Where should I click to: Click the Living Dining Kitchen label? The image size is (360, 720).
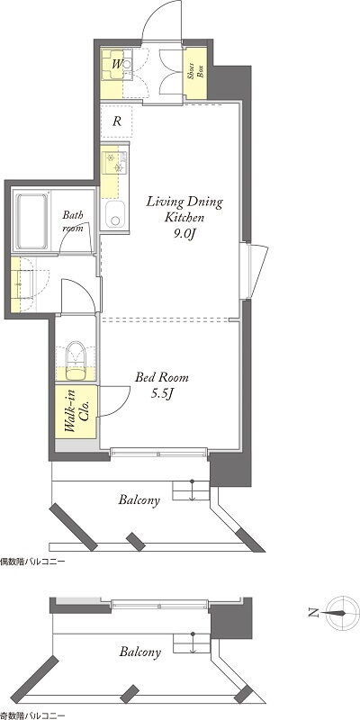pos(184,209)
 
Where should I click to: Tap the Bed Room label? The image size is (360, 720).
pos(162,378)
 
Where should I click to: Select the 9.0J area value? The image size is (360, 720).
pos(184,234)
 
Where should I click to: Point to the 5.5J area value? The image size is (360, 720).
pos(161,393)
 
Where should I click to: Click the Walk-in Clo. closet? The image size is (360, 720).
pos(76,412)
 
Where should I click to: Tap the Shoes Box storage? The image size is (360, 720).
pos(194,74)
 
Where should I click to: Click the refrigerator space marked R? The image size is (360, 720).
pos(117,121)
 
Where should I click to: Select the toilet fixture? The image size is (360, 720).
pos(76,361)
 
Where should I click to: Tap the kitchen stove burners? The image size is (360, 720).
pos(115,163)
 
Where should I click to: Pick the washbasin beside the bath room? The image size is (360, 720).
pos(22,284)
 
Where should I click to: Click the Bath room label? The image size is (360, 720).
pos(73,220)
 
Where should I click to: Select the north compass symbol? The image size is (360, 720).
pos(342,613)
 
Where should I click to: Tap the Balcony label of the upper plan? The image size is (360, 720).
pos(139,500)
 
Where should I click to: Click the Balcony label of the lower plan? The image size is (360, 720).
pos(140,652)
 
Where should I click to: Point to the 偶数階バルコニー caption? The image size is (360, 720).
pos(32,562)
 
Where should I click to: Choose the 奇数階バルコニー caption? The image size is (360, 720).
pos(32,715)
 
